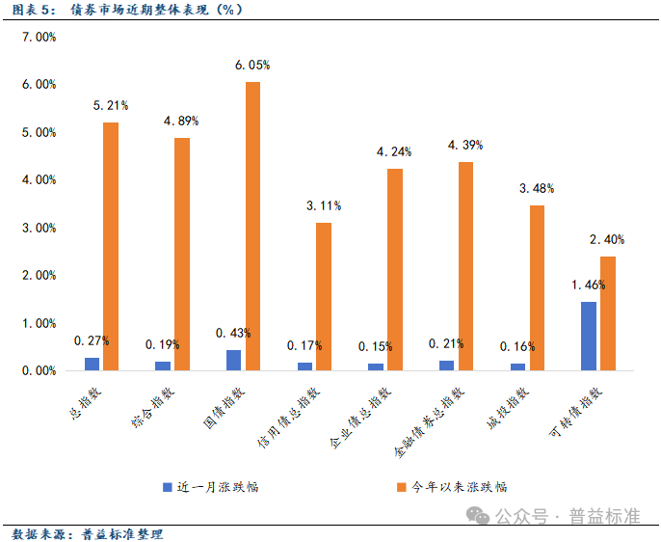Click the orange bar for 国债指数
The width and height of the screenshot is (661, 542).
point(252,226)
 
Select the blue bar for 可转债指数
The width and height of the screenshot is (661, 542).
point(588,336)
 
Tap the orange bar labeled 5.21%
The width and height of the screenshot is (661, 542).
point(111,246)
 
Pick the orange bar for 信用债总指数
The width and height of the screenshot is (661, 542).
point(324,296)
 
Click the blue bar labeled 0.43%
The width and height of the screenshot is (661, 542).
point(234,360)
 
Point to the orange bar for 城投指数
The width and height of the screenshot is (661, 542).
point(537,287)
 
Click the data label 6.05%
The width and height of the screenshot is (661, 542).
point(252,66)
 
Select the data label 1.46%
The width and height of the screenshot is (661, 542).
point(588,285)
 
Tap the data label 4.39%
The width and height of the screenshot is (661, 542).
point(465,145)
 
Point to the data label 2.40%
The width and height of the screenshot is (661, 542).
point(607,239)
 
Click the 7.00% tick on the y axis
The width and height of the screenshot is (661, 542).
point(40,37)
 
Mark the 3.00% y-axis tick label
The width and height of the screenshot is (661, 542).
point(40,228)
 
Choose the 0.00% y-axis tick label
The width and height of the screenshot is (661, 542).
point(40,370)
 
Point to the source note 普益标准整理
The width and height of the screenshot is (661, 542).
point(122,533)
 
